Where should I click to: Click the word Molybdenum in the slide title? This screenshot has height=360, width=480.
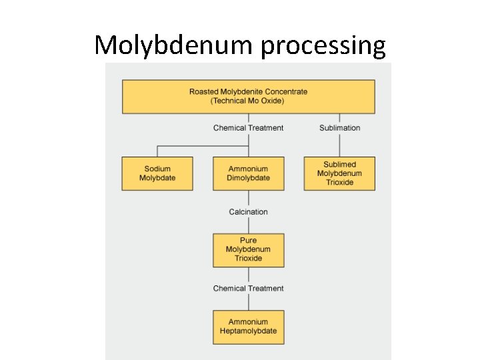pos(174,45)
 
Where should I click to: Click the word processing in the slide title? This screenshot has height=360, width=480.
pos(323,45)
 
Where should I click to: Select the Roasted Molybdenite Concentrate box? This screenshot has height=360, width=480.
pos(248,96)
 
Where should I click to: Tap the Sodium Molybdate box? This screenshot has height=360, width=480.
pos(157,173)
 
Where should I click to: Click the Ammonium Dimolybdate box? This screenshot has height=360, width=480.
pos(248,173)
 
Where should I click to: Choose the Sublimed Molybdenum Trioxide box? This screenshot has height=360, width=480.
pos(339,173)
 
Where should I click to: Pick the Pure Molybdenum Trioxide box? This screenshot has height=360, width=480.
pos(248,249)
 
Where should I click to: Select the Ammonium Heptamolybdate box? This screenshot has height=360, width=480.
pos(248,327)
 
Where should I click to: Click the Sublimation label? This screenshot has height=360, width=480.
pos(339,128)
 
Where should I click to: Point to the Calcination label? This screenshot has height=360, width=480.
pos(248,212)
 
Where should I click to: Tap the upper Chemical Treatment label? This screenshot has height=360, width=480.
pos(248,128)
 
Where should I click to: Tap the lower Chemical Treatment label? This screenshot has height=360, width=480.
pos(248,289)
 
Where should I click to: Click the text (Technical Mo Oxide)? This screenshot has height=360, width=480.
pos(247,101)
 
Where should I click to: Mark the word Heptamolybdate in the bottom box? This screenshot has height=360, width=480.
pos(248,331)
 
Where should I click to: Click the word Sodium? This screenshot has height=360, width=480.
pos(157,169)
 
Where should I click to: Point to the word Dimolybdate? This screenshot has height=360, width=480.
pos(248,178)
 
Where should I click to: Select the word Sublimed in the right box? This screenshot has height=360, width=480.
pos(339,165)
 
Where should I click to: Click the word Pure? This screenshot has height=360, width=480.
pos(248,241)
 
